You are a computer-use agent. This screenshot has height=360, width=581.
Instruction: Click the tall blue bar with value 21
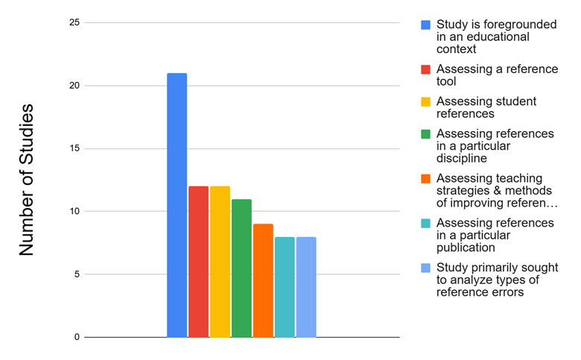click(x=177, y=205)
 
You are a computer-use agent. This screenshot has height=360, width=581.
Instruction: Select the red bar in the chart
click(x=198, y=262)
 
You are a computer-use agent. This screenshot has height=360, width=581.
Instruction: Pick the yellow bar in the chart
click(x=220, y=262)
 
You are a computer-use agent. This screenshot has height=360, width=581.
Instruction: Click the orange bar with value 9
click(x=263, y=280)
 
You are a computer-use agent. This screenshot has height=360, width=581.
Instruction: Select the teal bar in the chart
click(x=285, y=287)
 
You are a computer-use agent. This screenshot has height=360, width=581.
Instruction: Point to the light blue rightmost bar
click(x=306, y=287)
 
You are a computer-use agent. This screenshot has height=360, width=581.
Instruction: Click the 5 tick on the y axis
click(x=75, y=274)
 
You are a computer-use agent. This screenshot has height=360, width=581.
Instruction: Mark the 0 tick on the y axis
click(x=75, y=337)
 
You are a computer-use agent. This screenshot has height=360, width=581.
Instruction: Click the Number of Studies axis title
click(x=27, y=180)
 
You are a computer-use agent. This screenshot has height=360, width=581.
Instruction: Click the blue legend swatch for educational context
click(x=425, y=25)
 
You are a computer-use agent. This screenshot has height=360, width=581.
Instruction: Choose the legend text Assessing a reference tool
click(x=496, y=75)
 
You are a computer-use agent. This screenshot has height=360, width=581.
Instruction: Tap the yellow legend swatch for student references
click(x=425, y=101)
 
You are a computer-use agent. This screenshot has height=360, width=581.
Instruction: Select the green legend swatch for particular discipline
click(x=425, y=134)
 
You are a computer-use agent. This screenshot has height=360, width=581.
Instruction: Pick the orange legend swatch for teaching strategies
click(x=425, y=178)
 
